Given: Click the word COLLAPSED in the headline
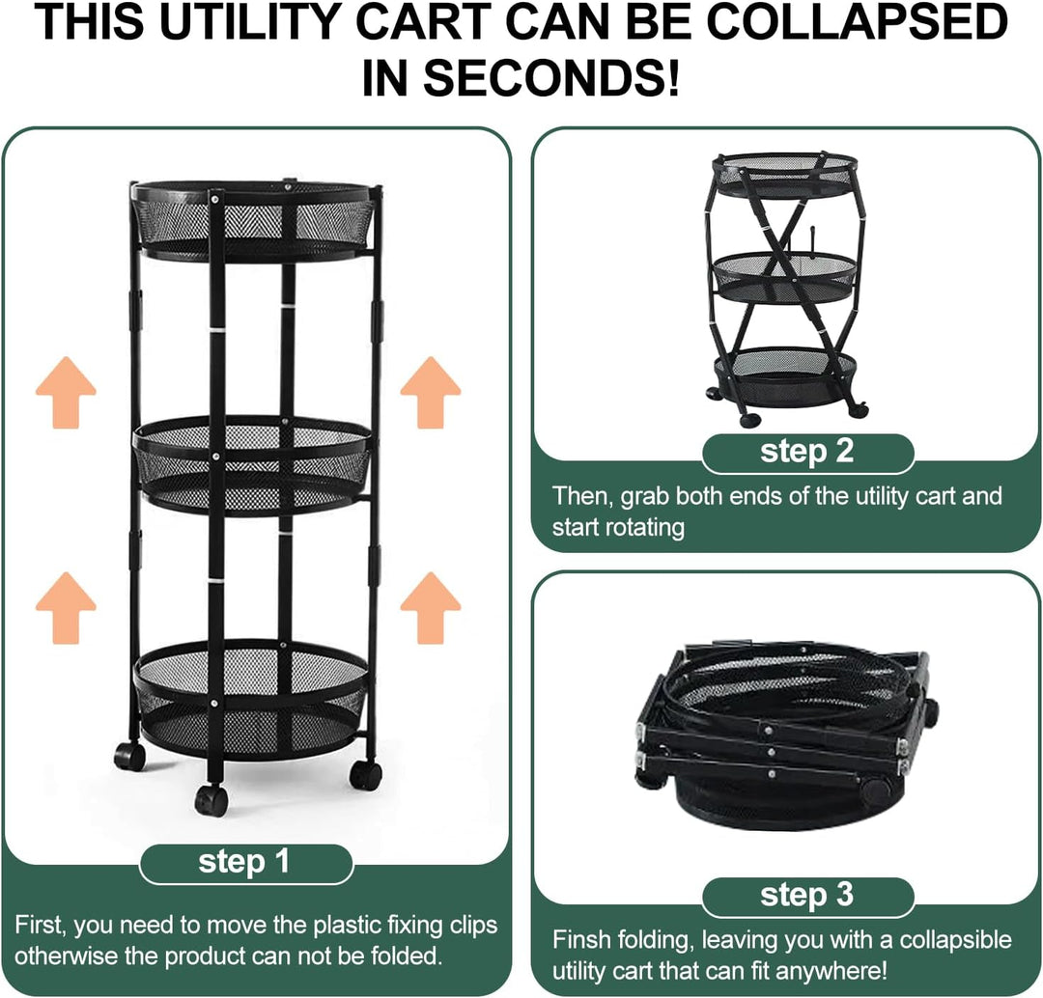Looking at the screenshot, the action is coord(857,22).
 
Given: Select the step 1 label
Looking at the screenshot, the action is coord(245,862).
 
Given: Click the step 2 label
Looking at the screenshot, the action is coord(806,452).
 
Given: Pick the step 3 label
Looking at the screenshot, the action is coord(806,895).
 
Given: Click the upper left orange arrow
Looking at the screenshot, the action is coord(66,392).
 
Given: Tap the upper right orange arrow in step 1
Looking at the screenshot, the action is coord(431,392).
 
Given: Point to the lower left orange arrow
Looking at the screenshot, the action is coord(66,608).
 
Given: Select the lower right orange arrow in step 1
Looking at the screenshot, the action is coord(431,608).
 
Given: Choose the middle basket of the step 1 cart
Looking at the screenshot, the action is coord(253,465).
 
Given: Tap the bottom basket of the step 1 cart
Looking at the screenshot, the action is coord(251,700).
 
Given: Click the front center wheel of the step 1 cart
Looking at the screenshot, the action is coord(211,800).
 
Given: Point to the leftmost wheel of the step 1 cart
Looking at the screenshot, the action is coord(129,757).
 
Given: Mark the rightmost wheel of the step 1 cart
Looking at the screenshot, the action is coord(366,775).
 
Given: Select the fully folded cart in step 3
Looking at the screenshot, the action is coord(788,735).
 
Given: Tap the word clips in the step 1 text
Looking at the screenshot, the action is coord(472,926).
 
